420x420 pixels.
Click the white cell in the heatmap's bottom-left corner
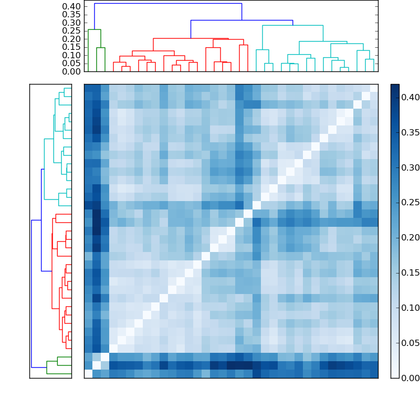pyautogui.click(x=88, y=374)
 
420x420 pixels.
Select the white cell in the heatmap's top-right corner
pyautogui.click(x=374, y=88)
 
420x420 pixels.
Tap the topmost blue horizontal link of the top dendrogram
pyautogui.click(x=168, y=4)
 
